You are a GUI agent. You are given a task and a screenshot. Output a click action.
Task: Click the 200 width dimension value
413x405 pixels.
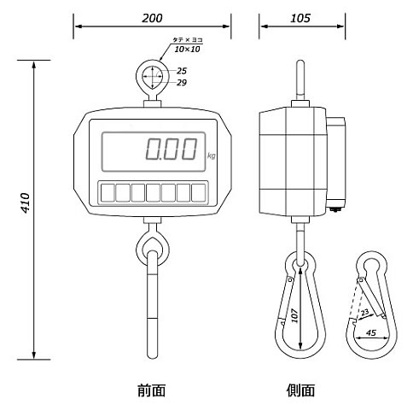tap(152, 18)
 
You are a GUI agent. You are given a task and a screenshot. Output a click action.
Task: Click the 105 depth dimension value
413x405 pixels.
tap(300, 18)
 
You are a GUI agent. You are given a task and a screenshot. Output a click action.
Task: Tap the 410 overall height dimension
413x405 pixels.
tap(26, 203)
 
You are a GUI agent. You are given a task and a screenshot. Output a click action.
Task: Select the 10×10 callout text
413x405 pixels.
tap(187, 50)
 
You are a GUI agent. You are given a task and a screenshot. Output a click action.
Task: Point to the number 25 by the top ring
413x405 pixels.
tap(182, 71)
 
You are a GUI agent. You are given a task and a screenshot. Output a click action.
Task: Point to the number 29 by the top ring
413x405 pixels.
tap(182, 83)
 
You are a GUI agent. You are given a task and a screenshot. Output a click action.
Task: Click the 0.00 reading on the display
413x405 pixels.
tap(172, 149)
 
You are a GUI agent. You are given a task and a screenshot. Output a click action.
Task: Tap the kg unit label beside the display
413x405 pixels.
tap(212, 156)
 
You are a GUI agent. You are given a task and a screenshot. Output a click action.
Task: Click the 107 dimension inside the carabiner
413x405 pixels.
tap(295, 316)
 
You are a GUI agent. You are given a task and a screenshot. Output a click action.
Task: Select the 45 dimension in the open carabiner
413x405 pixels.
tap(370, 332)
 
